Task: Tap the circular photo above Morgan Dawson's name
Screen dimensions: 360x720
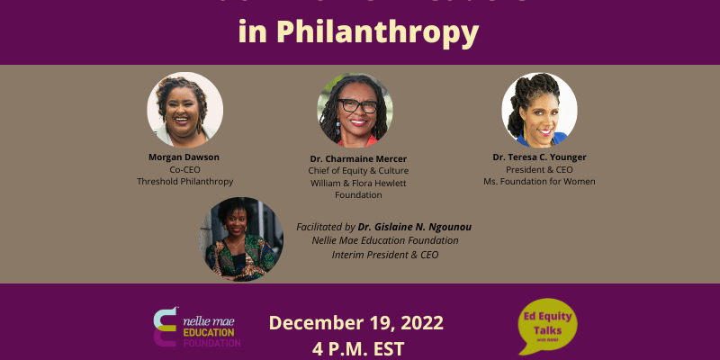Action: pos(184,110)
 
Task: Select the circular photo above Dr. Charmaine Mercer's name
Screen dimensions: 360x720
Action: pos(355,110)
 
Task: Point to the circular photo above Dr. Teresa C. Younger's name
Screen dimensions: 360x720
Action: pos(539,110)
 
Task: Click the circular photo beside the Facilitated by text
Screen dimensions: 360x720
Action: pos(241,238)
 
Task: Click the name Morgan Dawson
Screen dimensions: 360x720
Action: pos(184,157)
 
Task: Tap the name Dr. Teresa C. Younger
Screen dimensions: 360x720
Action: pos(539,157)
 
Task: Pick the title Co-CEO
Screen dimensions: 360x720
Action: pos(184,168)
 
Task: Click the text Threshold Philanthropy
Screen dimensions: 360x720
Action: pos(184,181)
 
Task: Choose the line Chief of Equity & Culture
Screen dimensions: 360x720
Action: pos(358,170)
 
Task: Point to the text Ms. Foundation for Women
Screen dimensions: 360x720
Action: pos(539,181)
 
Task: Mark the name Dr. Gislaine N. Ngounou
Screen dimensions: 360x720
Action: pos(415,227)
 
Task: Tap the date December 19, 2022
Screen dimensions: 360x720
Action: pos(355,322)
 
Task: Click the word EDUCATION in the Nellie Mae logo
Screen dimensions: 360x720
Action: pos(210,332)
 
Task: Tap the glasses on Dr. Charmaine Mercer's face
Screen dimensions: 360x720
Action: pos(357,105)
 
